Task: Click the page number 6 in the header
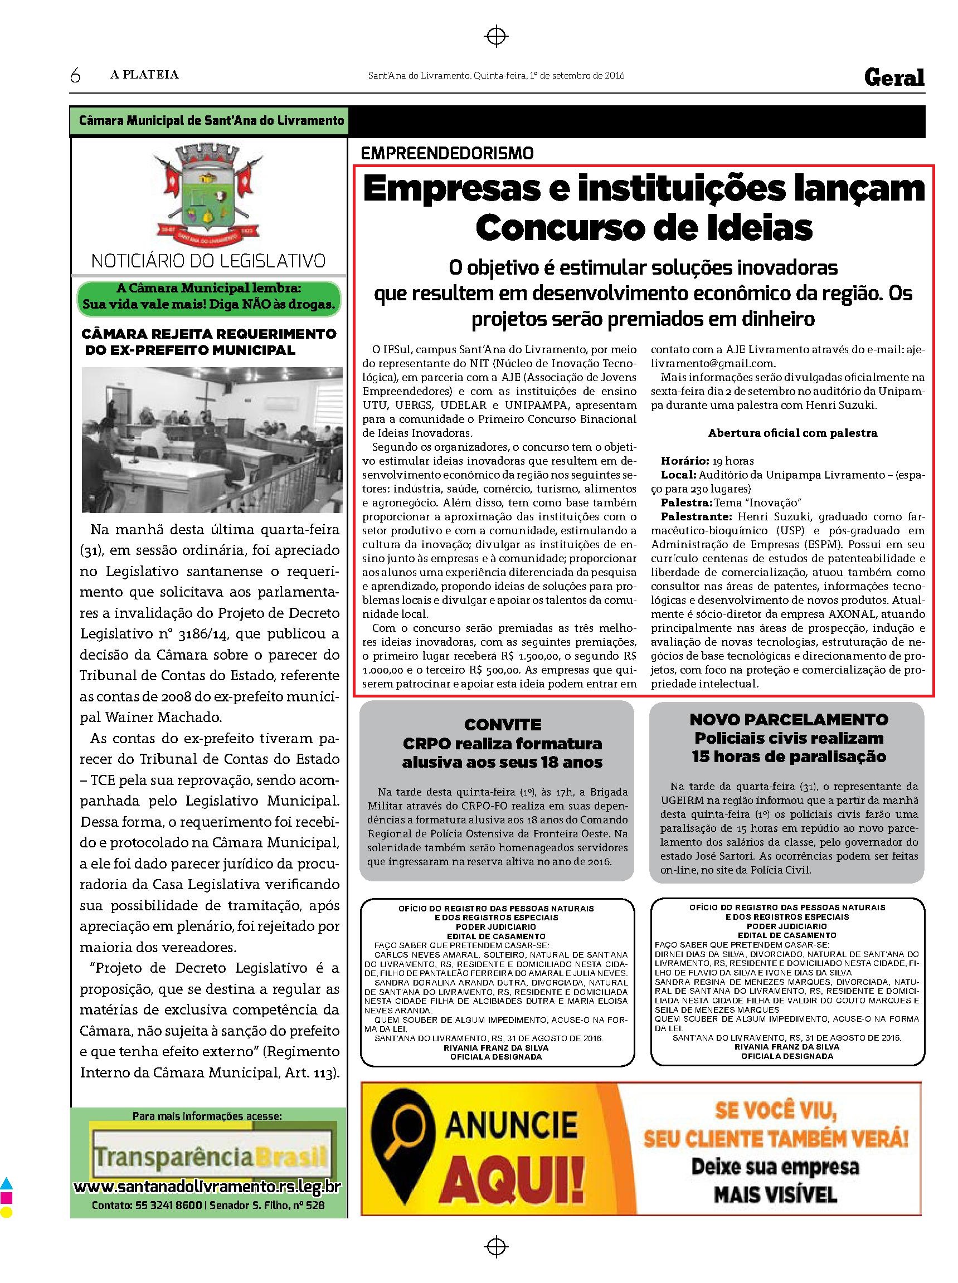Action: click(75, 76)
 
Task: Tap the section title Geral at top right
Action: click(893, 77)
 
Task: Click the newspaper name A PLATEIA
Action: click(144, 75)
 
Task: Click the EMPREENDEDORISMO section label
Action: click(446, 153)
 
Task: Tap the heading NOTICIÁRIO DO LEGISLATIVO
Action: click(208, 261)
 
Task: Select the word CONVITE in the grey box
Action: click(503, 725)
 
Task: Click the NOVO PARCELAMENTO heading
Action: click(789, 719)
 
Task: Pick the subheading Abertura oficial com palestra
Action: click(792, 433)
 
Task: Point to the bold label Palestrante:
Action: click(694, 516)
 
